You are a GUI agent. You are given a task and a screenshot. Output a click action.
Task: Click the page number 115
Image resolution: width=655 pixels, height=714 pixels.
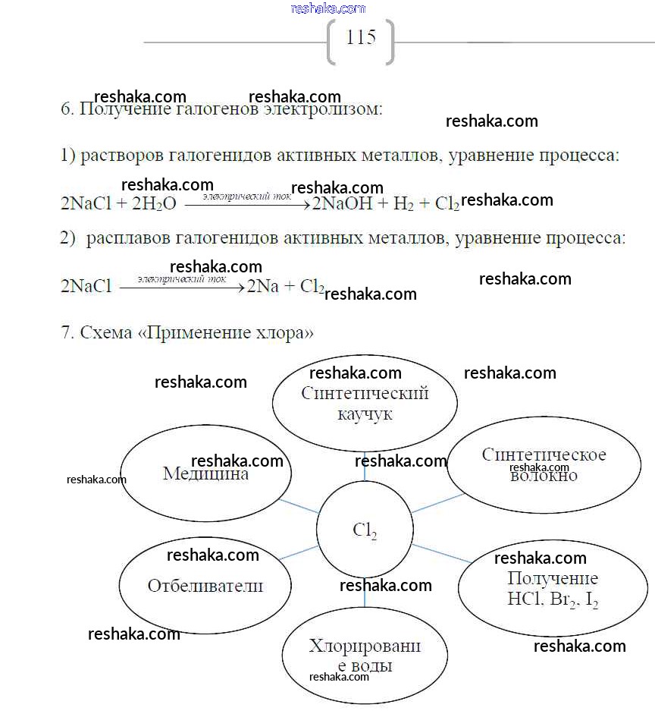coord(361,37)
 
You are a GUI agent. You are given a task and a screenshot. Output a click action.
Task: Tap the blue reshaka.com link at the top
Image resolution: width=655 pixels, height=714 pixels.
coord(327,8)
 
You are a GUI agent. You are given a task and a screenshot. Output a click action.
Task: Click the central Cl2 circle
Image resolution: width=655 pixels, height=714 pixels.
coord(365,530)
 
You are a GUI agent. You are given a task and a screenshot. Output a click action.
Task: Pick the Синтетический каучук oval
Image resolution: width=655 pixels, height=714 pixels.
coord(365,404)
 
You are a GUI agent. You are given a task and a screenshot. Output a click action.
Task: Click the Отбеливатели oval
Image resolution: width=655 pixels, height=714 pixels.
coord(205,586)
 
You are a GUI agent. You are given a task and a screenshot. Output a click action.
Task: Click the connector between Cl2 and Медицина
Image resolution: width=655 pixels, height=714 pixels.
coord(299,507)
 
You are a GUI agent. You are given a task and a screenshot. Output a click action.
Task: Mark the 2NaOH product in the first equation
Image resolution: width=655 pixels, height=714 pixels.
coord(342,204)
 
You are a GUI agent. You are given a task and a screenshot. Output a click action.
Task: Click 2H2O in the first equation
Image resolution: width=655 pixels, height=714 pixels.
coord(154,204)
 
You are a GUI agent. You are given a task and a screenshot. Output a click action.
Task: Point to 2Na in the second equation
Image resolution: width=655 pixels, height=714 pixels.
coord(262,287)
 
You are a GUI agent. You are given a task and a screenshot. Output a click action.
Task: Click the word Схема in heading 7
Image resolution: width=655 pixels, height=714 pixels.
coord(106,333)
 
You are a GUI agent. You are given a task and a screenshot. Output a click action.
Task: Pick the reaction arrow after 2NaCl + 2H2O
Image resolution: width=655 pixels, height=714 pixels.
coord(247,204)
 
